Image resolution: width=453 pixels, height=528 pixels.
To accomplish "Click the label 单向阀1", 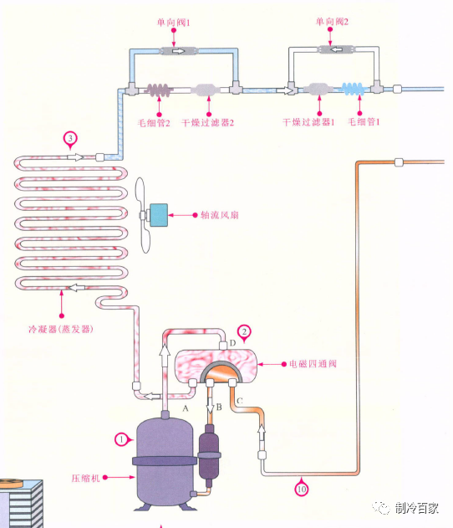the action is coord(173,23).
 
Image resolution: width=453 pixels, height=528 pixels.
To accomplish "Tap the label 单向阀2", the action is coord(332,22).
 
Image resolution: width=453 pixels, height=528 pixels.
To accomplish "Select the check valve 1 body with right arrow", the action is coord(179,51).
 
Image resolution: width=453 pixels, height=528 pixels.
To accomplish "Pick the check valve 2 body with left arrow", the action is coord(336,49).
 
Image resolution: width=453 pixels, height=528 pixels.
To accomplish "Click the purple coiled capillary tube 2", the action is coord(159,90).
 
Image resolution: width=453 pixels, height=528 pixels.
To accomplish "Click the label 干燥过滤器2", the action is coord(207,122).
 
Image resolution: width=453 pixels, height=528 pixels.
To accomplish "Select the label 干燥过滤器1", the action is coord(308,121).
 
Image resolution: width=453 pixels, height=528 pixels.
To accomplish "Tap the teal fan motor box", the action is coord(159,215).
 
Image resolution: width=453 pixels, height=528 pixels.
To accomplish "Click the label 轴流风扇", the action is coord(219,215).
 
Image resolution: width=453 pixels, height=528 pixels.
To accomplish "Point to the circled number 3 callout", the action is coord(70,140).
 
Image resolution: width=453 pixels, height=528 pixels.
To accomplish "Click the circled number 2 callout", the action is coord(244,332).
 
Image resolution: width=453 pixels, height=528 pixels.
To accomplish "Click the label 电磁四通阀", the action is coord(313,364).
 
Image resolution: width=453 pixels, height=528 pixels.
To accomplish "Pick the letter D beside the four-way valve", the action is coord(232,343).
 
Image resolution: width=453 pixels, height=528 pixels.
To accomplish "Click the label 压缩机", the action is coord(85,478).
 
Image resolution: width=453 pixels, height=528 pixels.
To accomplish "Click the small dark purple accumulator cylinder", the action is coord(209,452).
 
